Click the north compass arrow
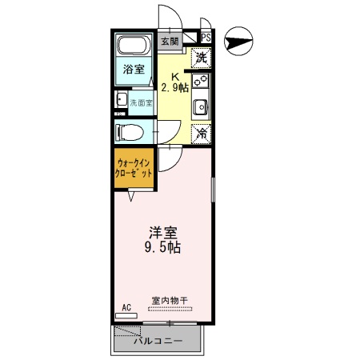coord(238,38)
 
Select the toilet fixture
coord(130,131)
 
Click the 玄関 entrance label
coord(169,41)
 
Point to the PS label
coord(206,38)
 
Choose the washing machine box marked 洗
coord(202,58)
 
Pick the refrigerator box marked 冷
coord(202,134)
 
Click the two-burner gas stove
coord(202,81)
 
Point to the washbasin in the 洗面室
coord(121,100)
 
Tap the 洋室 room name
coord(162,233)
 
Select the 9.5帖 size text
coord(162,247)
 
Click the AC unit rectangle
coord(126,316)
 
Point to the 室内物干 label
coord(169,302)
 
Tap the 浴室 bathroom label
coord(134,70)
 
